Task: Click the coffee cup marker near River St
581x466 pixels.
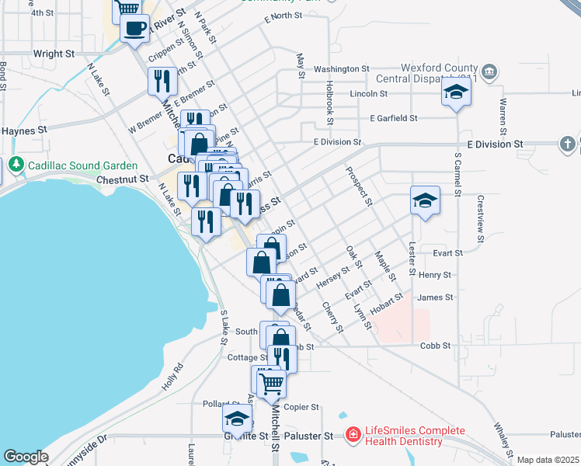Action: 134,29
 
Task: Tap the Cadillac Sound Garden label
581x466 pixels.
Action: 83,165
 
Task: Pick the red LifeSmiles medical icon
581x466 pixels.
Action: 353,432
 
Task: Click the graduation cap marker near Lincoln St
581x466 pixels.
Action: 456,93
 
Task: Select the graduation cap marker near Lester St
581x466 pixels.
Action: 425,200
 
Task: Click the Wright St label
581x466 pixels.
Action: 54,54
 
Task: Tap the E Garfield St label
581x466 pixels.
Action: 394,118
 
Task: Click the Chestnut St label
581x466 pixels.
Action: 123,179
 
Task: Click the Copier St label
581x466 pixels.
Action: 302,407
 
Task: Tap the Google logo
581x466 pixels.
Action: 26,457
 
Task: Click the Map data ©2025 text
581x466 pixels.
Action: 548,460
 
